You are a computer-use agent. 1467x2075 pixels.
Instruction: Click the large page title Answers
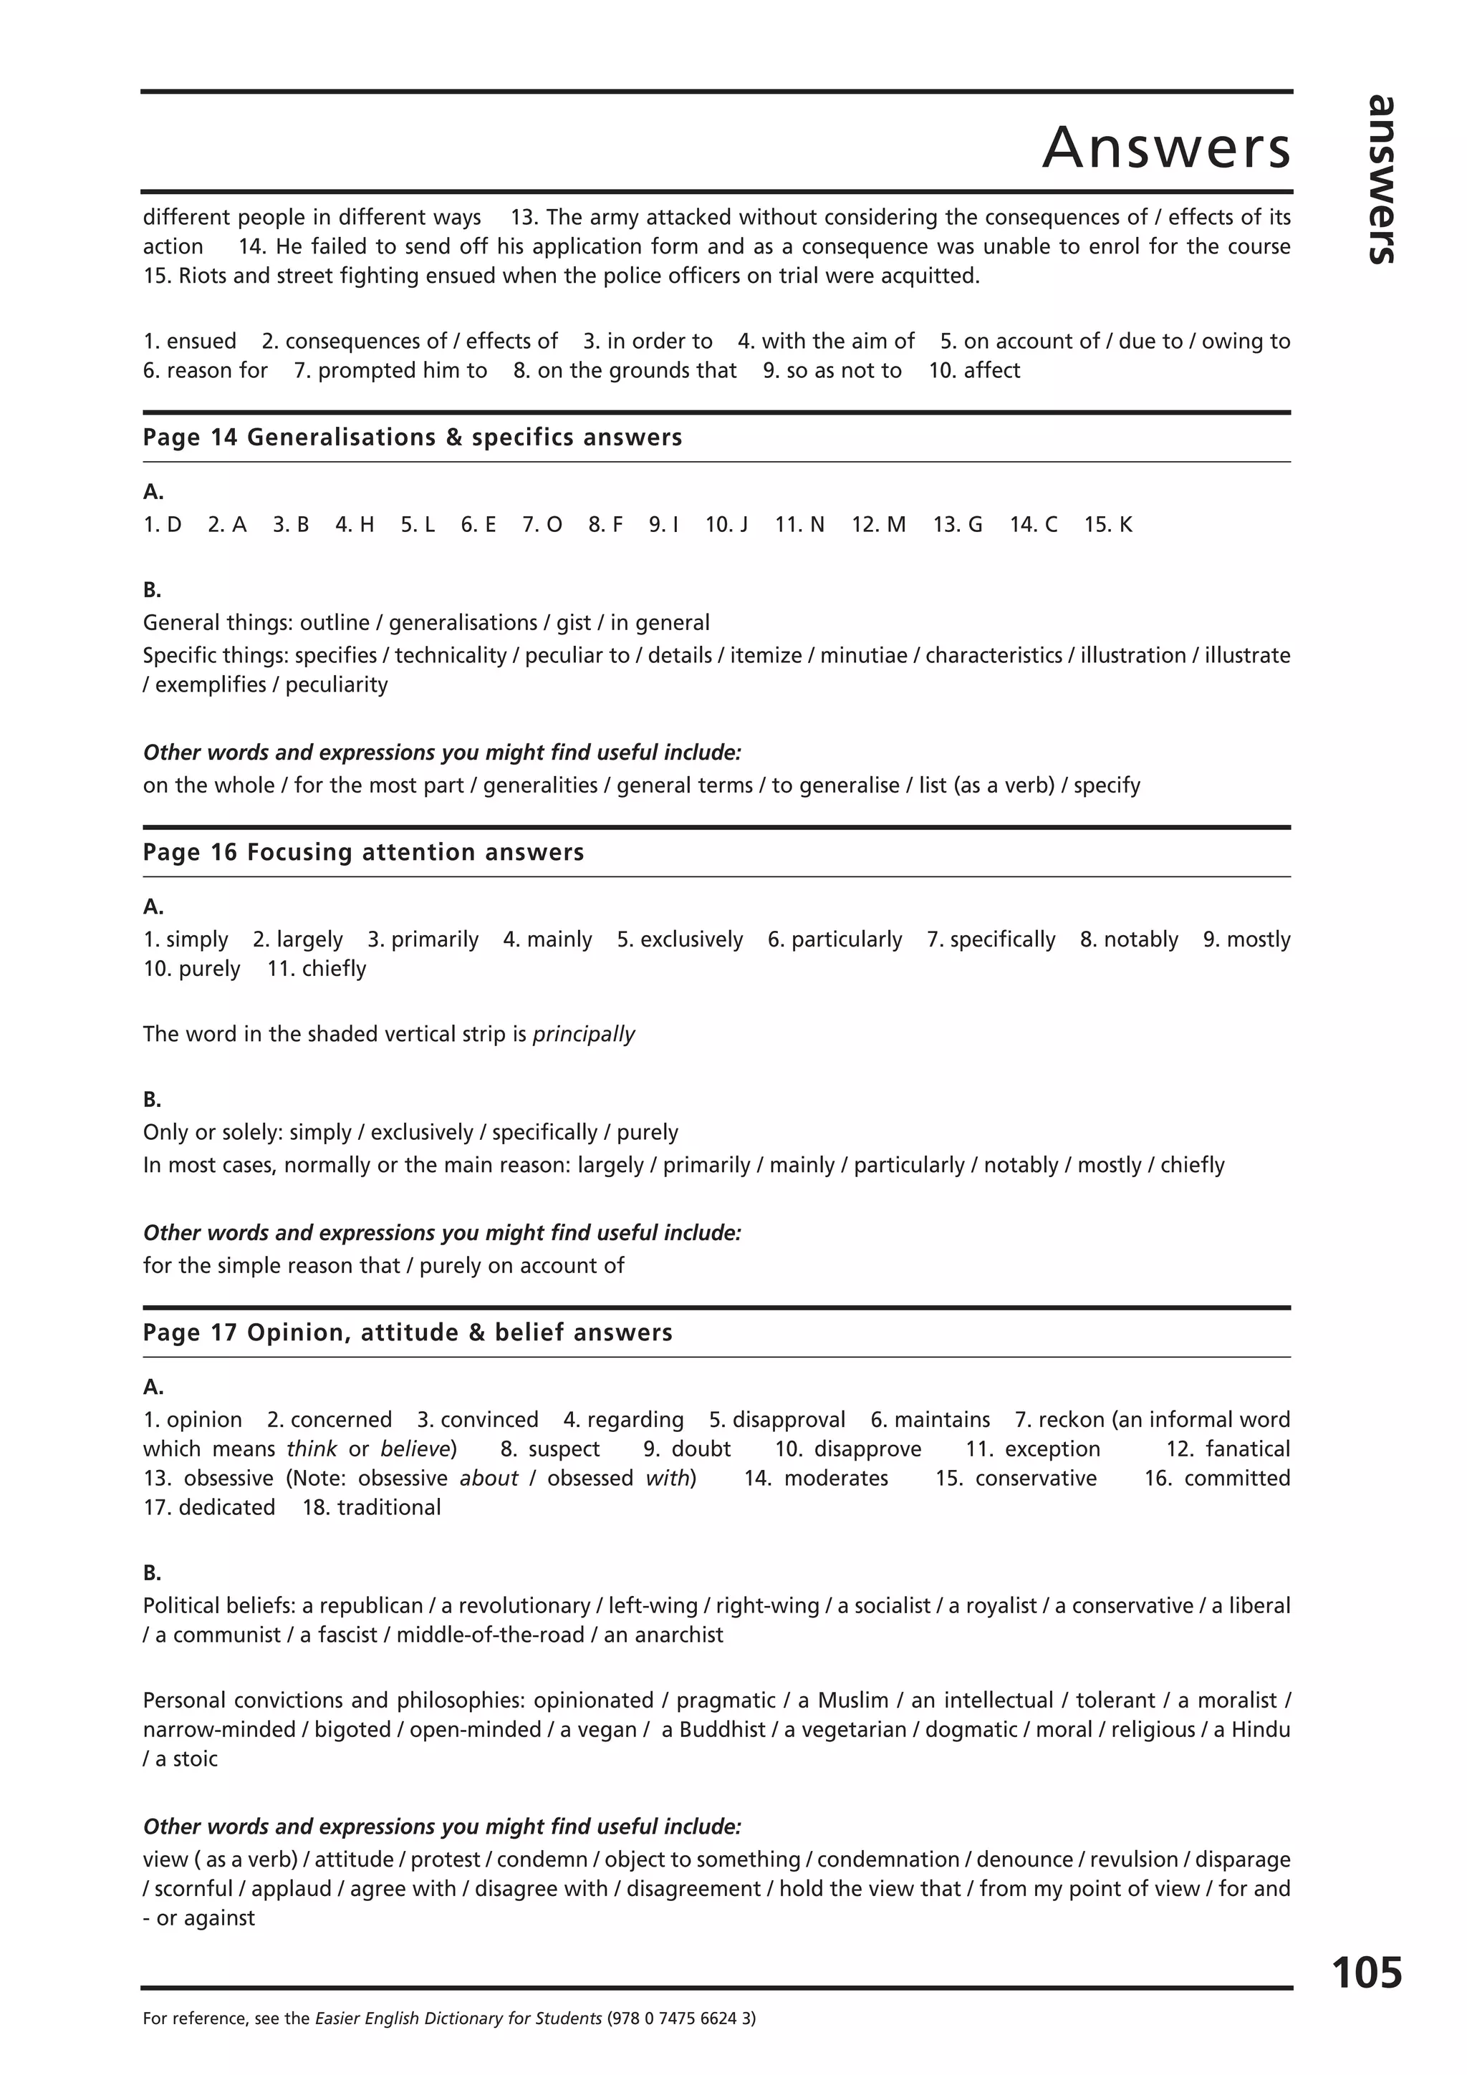coord(1166,147)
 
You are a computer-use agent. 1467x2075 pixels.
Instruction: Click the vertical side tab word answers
coord(1380,179)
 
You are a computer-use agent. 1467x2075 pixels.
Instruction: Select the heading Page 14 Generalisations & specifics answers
coord(412,437)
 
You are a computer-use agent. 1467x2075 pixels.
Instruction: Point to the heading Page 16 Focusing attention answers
coord(363,852)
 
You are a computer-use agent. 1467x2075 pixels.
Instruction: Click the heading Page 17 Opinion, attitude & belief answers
coord(408,1332)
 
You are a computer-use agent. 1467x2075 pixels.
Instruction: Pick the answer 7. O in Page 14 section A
coord(542,525)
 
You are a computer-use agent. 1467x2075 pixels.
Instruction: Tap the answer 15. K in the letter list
coord(1108,525)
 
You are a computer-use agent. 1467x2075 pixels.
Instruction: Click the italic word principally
coord(584,1034)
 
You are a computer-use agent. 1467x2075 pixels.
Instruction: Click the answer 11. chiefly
coord(317,969)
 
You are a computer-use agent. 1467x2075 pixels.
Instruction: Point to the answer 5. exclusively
coord(680,940)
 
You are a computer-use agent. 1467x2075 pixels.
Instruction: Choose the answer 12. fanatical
coord(1228,1448)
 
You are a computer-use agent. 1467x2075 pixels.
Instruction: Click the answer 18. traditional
coord(372,1507)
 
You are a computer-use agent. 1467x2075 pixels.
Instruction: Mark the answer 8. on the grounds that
coord(625,371)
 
